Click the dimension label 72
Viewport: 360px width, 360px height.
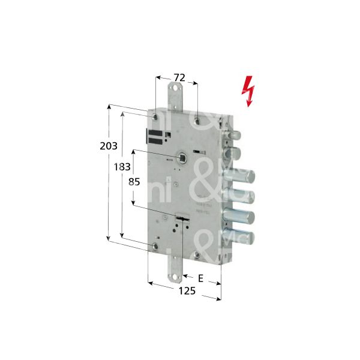pyautogui.click(x=178, y=77)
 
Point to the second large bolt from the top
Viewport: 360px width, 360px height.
pyautogui.click(x=241, y=195)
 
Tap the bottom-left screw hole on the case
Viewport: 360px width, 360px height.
pyautogui.click(x=155, y=246)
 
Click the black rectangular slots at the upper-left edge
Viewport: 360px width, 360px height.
pyautogui.click(x=155, y=137)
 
